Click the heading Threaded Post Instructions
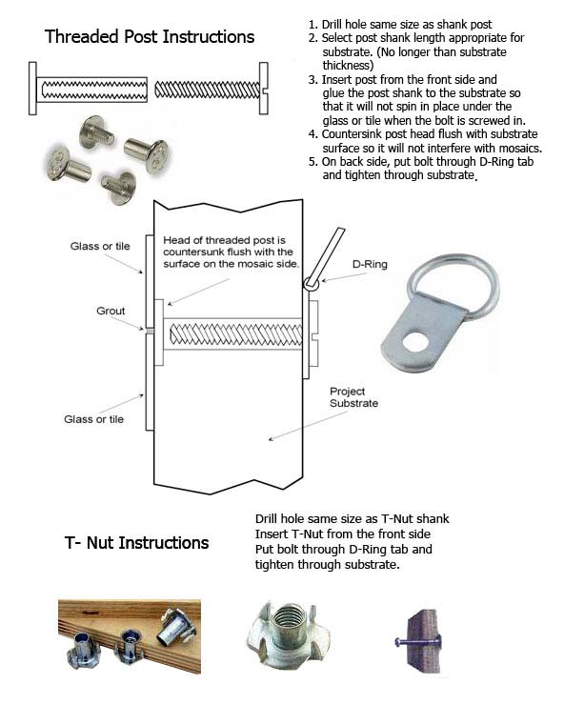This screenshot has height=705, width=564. (150, 37)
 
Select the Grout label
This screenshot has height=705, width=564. (111, 312)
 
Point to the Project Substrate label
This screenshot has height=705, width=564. (353, 397)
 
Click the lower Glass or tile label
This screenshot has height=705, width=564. (96, 419)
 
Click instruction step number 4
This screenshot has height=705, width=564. (313, 134)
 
